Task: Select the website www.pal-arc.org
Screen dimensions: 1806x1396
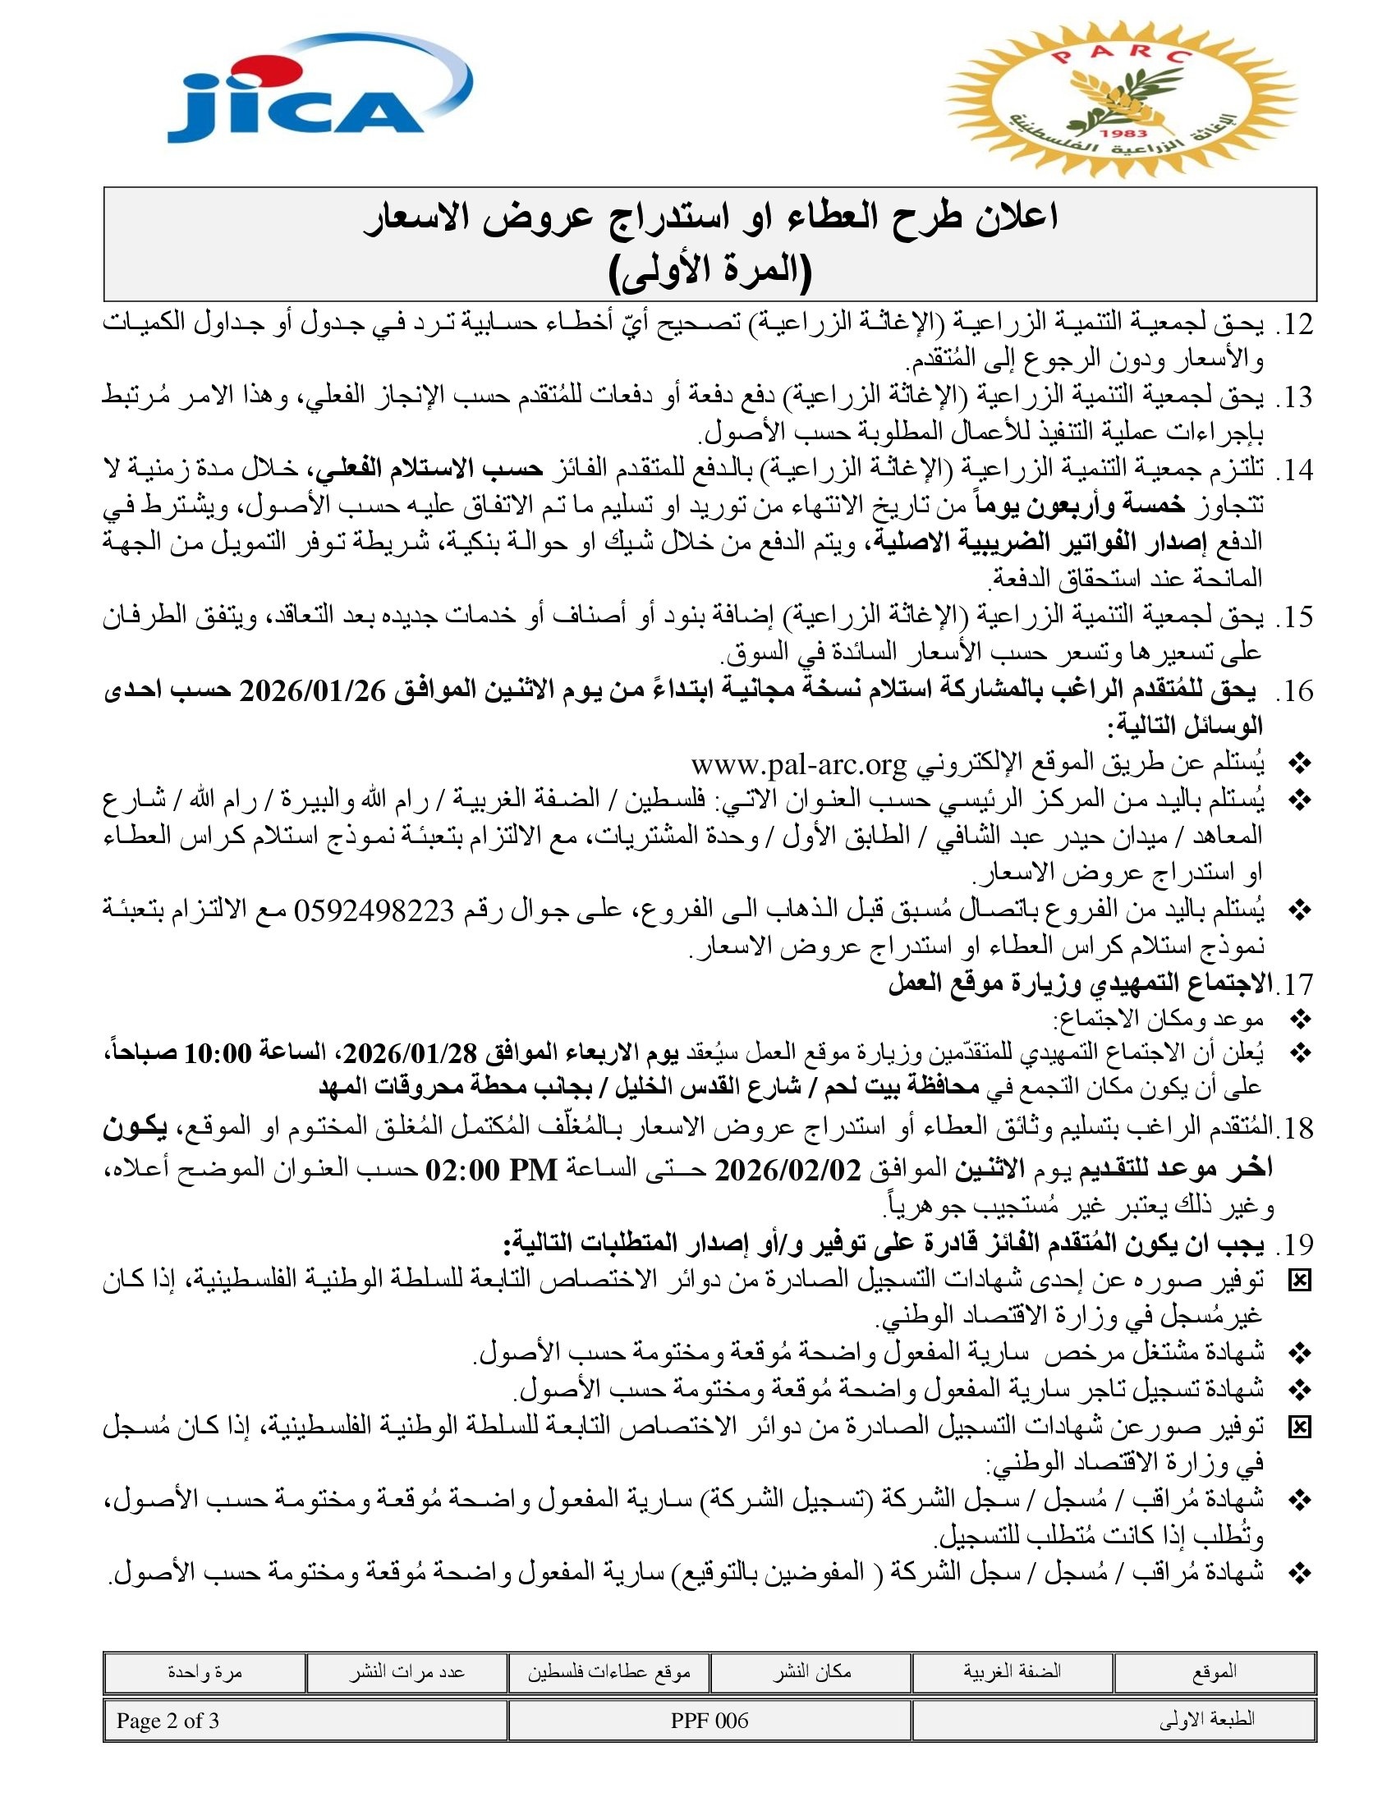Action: click(x=799, y=765)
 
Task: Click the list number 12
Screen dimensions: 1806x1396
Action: click(x=1294, y=325)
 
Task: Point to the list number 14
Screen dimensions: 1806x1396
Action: click(x=1294, y=470)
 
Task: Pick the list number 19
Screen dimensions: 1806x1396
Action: click(x=1294, y=1244)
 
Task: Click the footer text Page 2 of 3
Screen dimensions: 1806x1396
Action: click(x=168, y=1721)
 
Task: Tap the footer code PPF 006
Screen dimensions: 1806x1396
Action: click(x=709, y=1721)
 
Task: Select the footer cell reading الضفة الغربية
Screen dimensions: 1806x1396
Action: click(x=1012, y=1672)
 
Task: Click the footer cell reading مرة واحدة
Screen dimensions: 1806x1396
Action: click(x=204, y=1672)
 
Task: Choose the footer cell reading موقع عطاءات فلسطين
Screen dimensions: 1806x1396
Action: click(x=609, y=1672)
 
